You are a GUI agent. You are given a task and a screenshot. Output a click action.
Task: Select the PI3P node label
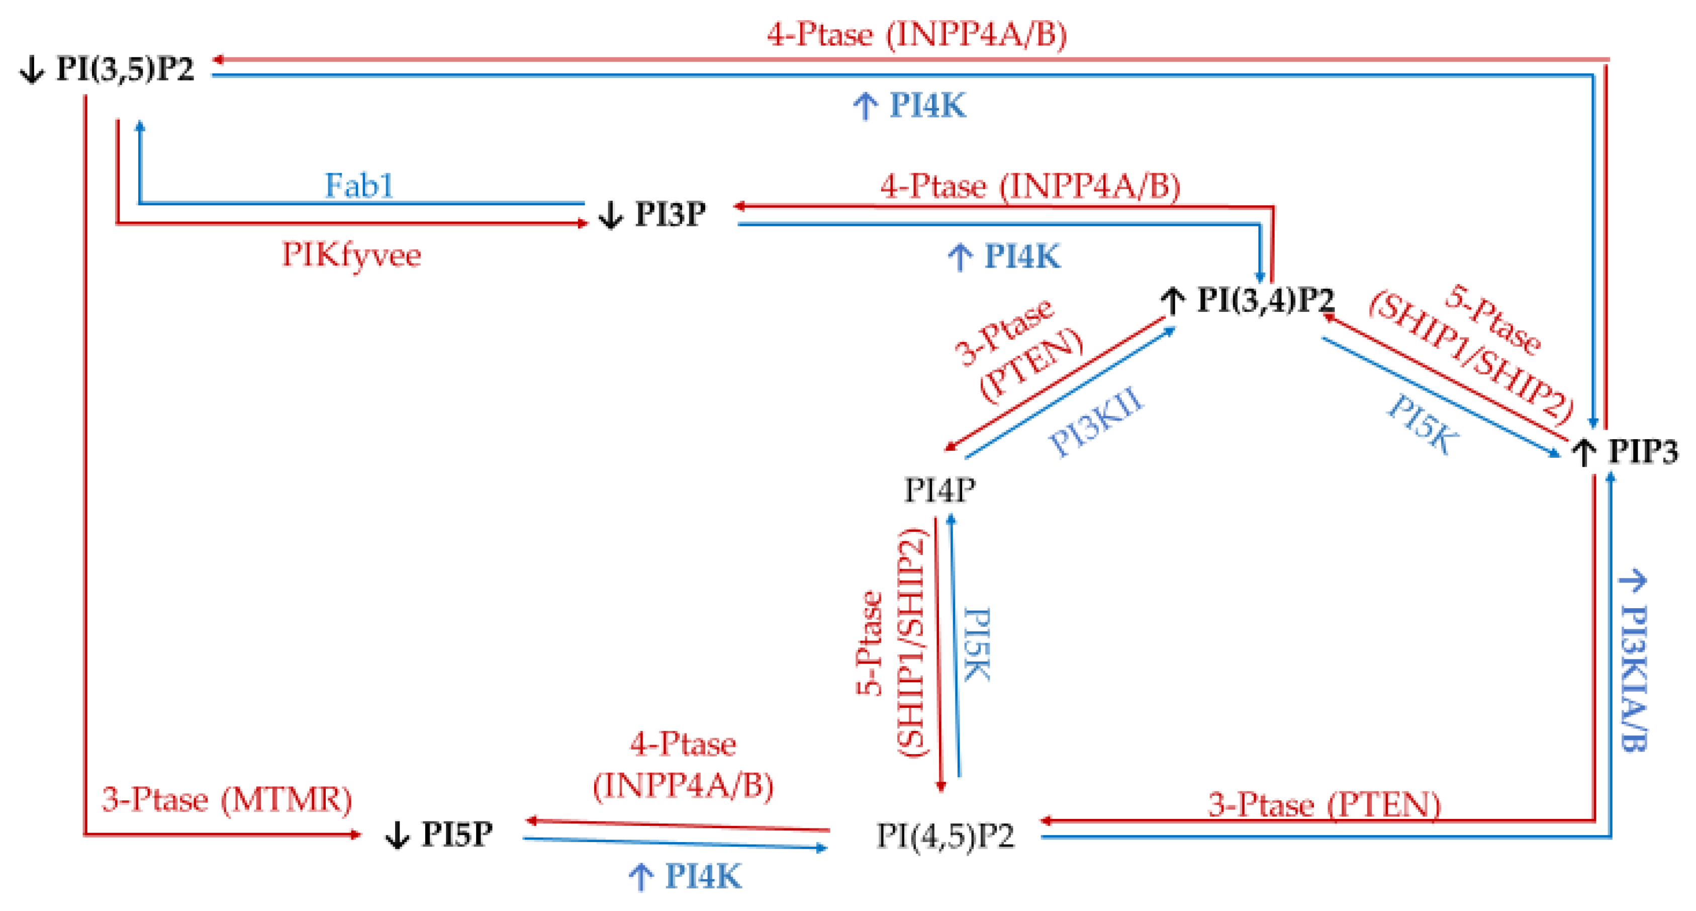pos(670,214)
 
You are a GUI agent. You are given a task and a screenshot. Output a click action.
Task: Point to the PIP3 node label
pos(1643,452)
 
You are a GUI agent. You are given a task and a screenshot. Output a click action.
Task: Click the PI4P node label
pos(939,490)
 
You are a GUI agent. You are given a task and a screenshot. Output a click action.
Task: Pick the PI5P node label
pos(457,834)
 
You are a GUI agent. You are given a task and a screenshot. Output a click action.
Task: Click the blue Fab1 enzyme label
pos(359,186)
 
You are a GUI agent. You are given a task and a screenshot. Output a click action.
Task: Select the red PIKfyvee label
pos(351,256)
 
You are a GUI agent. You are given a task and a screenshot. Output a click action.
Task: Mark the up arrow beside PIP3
pos(1583,453)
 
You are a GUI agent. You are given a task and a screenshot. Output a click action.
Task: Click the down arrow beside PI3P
pos(610,215)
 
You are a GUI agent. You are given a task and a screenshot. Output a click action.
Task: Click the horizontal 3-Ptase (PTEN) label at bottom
pos(1324,805)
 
